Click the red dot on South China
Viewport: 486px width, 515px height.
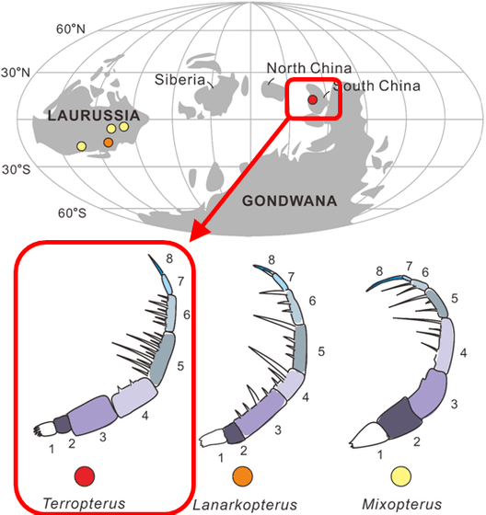click(312, 99)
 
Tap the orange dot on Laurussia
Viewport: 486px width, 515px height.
click(109, 143)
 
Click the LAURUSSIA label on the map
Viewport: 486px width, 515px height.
click(94, 115)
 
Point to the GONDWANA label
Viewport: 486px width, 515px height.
click(290, 200)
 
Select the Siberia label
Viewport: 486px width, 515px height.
click(179, 80)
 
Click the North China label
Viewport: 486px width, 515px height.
click(309, 68)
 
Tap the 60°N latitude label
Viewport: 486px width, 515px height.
click(71, 29)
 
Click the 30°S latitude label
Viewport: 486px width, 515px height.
click(17, 169)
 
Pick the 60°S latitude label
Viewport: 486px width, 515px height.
click(72, 212)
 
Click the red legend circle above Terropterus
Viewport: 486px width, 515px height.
click(85, 476)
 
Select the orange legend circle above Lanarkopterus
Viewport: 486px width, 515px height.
click(243, 476)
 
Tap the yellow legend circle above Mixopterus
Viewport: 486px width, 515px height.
click(400, 476)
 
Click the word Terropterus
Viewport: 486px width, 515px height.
click(84, 504)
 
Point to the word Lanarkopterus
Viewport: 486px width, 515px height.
click(245, 505)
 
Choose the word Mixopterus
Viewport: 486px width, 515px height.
click(402, 504)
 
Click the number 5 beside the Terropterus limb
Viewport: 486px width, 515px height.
click(180, 366)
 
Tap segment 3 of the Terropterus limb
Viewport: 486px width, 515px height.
click(93, 415)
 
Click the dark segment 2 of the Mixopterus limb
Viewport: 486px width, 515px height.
click(399, 418)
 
